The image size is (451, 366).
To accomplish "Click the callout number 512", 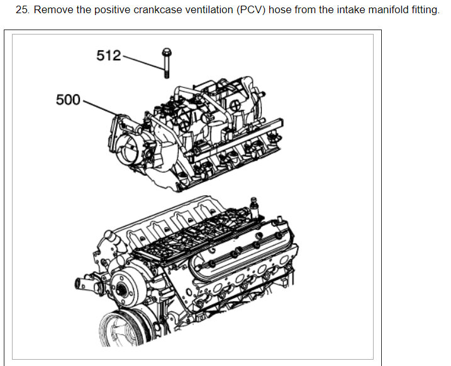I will coord(108,55).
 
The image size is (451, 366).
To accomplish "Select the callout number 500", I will coord(68,99).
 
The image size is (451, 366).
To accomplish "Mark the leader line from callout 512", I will coord(142,63).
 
